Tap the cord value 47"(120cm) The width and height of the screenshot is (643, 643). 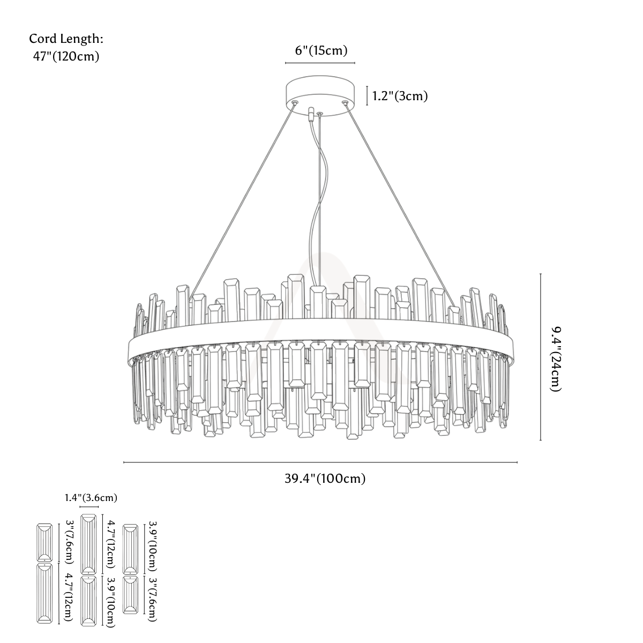pos(66,56)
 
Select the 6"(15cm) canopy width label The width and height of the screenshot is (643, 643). pos(321,50)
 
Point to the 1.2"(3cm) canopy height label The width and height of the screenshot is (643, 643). pos(400,96)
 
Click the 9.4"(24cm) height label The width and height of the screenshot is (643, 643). pos(556,358)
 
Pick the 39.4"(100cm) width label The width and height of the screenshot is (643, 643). pos(325,478)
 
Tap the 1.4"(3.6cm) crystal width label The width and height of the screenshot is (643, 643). pos(91,498)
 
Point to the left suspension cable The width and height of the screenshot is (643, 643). pos(242,201)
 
